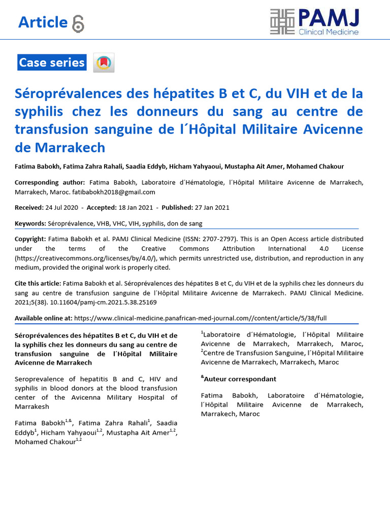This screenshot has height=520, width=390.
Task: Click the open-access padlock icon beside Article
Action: click(x=78, y=23)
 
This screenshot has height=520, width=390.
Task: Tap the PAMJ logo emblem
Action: click(x=282, y=22)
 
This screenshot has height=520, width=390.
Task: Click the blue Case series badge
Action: click(x=52, y=63)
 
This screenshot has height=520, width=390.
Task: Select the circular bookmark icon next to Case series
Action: click(x=104, y=63)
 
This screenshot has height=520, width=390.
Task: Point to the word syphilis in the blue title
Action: click(x=40, y=112)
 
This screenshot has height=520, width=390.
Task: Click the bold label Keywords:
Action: click(x=30, y=223)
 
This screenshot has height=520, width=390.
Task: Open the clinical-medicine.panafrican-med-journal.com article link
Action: click(x=201, y=318)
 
